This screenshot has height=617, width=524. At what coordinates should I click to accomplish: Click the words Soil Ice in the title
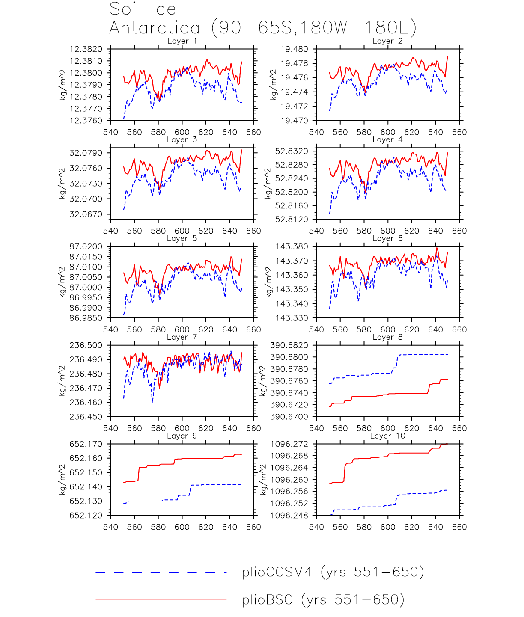143,9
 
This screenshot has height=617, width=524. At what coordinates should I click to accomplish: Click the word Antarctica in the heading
155,28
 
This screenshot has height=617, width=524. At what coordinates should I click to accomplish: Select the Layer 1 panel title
182,41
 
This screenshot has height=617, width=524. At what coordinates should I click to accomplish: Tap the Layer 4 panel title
387,139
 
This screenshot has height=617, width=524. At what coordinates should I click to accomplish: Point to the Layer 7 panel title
182,337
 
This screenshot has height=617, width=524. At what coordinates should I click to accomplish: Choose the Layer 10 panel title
387,436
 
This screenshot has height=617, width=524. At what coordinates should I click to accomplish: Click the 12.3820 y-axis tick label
86,49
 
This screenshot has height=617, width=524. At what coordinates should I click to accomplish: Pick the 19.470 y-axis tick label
294,121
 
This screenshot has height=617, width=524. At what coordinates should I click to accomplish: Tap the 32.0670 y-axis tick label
86,214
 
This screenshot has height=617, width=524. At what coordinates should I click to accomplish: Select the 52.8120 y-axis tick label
292,220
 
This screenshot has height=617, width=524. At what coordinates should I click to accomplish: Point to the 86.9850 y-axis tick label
86,318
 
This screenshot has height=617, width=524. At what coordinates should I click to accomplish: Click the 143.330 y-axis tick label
292,318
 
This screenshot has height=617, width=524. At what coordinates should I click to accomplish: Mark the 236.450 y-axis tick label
86,417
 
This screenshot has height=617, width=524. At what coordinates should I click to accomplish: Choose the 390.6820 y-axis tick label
289,345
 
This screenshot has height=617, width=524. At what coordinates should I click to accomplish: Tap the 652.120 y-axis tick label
86,516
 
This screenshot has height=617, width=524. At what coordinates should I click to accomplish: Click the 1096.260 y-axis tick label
289,480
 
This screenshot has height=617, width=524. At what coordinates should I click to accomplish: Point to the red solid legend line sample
161,600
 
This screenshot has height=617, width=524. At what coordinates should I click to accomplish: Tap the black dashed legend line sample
161,572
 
